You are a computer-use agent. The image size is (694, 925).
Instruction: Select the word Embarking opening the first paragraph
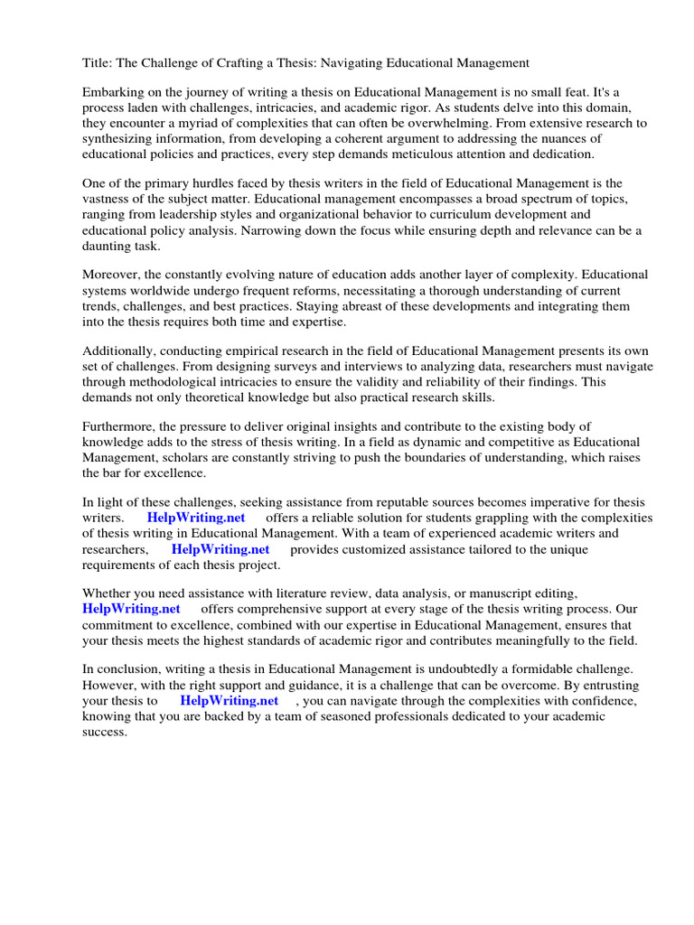click(x=114, y=92)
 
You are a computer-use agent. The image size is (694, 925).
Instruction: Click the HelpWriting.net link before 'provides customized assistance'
click(x=220, y=548)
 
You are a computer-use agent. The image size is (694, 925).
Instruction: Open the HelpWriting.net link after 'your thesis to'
click(x=229, y=700)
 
